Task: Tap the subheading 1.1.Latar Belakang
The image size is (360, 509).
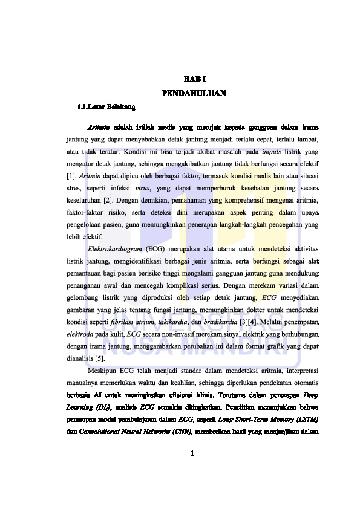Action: pos(102,107)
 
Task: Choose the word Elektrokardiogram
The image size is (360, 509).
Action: pos(115,249)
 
